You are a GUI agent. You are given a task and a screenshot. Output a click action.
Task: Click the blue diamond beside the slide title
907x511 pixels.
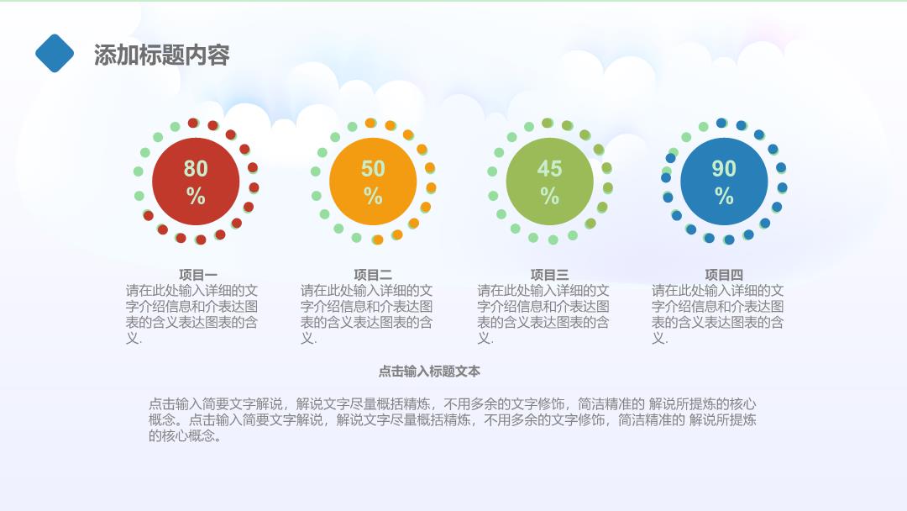click(55, 53)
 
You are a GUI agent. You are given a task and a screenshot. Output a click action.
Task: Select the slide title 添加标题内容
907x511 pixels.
click(162, 55)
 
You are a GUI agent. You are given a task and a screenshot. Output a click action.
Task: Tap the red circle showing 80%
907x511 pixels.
click(196, 182)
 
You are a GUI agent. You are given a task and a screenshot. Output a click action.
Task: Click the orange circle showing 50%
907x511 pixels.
click(373, 182)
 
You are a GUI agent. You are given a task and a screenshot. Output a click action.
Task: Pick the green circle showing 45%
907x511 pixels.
click(549, 182)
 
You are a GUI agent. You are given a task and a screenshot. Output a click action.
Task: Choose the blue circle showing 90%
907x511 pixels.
click(724, 182)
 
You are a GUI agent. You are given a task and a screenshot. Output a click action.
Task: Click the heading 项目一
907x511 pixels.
click(198, 275)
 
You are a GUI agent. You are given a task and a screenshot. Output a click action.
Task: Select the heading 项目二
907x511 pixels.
click(373, 275)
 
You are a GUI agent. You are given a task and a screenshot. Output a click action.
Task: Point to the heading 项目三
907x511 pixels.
click(549, 275)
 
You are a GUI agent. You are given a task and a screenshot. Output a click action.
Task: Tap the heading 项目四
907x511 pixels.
click(724, 275)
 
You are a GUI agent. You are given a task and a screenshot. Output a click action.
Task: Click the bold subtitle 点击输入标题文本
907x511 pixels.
click(429, 371)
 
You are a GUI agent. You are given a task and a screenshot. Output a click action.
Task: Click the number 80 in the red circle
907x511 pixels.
click(196, 168)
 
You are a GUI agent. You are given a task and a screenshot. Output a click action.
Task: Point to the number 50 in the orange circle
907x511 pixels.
click(373, 168)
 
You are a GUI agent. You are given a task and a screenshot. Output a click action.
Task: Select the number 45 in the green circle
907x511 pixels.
click(549, 168)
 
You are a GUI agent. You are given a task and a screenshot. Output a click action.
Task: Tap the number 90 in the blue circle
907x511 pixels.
click(724, 168)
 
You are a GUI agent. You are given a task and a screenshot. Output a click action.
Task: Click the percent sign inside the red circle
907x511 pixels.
click(196, 196)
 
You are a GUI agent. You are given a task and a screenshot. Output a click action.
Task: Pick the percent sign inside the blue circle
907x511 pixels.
click(724, 196)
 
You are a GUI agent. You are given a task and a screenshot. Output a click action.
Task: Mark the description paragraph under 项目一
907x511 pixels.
click(191, 314)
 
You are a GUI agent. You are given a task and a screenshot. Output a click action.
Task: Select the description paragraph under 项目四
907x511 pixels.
click(718, 314)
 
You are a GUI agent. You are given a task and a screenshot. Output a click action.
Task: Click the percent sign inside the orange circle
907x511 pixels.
click(373, 196)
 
